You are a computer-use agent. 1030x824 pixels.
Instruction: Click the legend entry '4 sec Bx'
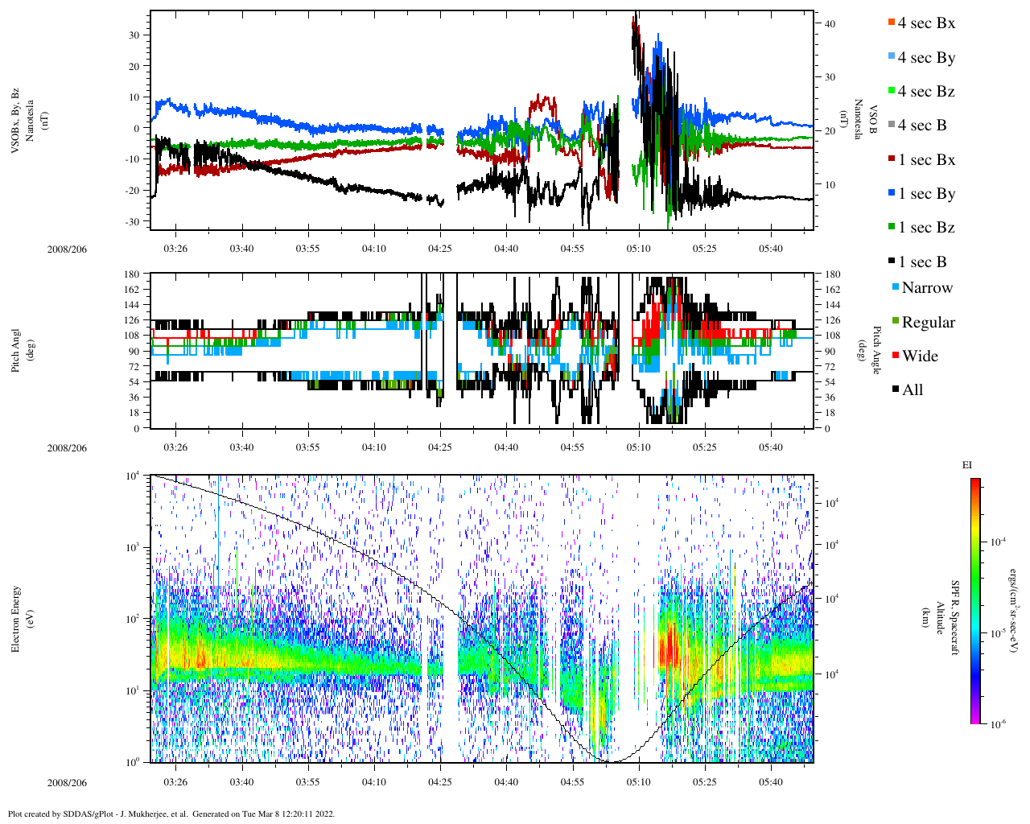point(925,23)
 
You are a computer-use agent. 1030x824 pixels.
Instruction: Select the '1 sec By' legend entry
point(925,194)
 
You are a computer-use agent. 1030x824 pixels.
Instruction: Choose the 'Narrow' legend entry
point(926,288)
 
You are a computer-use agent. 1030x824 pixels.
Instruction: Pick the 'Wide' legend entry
point(919,356)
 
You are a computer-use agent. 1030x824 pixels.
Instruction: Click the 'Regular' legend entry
point(927,323)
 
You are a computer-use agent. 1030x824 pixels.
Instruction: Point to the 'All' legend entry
point(912,390)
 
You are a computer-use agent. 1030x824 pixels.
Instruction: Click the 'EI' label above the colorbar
point(967,465)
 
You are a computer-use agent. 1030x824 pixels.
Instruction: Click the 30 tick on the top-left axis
point(133,35)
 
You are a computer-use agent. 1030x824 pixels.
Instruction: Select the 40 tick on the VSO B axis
point(830,24)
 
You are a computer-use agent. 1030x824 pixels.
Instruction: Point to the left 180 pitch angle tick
point(132,274)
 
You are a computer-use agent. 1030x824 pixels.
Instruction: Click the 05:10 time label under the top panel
point(638,249)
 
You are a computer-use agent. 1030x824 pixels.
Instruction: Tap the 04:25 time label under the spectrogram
point(439,782)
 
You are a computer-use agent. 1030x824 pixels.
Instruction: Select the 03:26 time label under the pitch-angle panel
point(175,447)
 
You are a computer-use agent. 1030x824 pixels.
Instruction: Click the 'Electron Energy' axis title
point(16,619)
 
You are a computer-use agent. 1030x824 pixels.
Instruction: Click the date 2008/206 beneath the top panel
point(67,249)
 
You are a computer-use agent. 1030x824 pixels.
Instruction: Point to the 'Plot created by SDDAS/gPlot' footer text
point(171,814)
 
